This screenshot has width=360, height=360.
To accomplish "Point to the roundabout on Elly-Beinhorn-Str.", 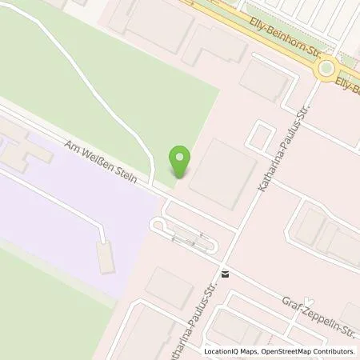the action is click(327, 71).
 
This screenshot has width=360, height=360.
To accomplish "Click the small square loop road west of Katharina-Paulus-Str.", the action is click(259, 137).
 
